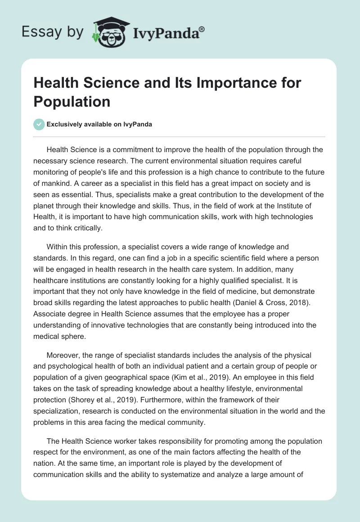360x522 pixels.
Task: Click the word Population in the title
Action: [72, 101]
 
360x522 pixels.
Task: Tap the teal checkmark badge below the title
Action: [39, 124]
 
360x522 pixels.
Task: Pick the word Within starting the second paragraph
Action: [58, 247]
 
